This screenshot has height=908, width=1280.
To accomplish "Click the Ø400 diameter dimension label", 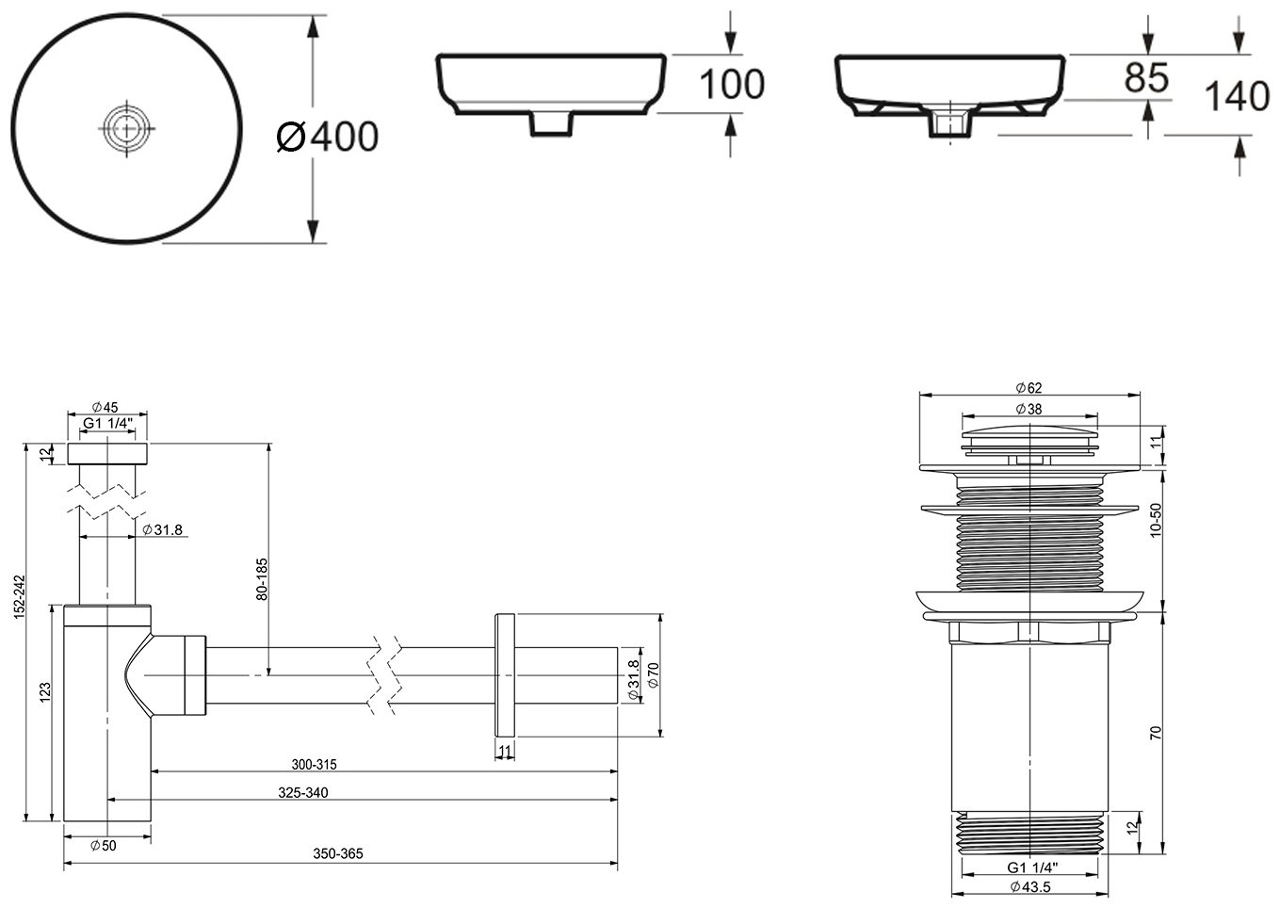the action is (x=328, y=137).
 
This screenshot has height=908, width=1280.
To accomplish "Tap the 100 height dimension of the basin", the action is (x=732, y=85).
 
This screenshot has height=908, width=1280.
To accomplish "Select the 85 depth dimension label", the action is (x=1146, y=78).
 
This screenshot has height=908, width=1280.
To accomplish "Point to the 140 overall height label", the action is (x=1237, y=96).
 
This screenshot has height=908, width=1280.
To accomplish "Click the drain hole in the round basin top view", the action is (x=127, y=128).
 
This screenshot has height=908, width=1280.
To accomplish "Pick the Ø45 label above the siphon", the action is (x=105, y=407).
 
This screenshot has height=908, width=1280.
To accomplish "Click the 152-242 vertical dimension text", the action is (x=19, y=596).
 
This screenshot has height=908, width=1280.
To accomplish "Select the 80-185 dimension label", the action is (x=262, y=579).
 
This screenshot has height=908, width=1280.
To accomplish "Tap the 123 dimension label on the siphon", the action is (x=45, y=691).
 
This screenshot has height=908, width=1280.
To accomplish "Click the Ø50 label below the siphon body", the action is (x=104, y=845).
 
